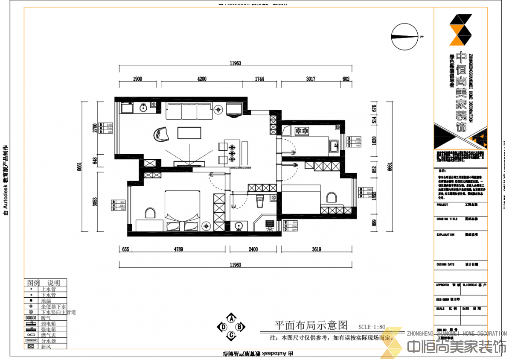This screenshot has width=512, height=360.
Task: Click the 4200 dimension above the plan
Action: point(202,79)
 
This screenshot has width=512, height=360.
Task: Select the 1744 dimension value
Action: point(259,79)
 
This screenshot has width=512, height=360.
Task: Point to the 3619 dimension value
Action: point(317,250)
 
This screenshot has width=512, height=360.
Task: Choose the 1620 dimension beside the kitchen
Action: point(374,141)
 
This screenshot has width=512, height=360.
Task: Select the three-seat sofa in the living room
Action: point(190,111)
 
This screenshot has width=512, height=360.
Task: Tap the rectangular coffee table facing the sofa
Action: point(189,133)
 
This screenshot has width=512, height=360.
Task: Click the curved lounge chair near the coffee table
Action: point(161,134)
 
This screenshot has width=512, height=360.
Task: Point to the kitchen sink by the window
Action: point(334,146)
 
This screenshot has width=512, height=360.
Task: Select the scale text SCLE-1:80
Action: point(371,328)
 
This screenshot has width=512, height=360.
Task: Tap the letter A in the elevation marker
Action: point(231,319)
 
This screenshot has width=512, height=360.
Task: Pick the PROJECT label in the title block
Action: point(442,205)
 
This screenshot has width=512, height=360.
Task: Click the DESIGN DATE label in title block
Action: point(445,264)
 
